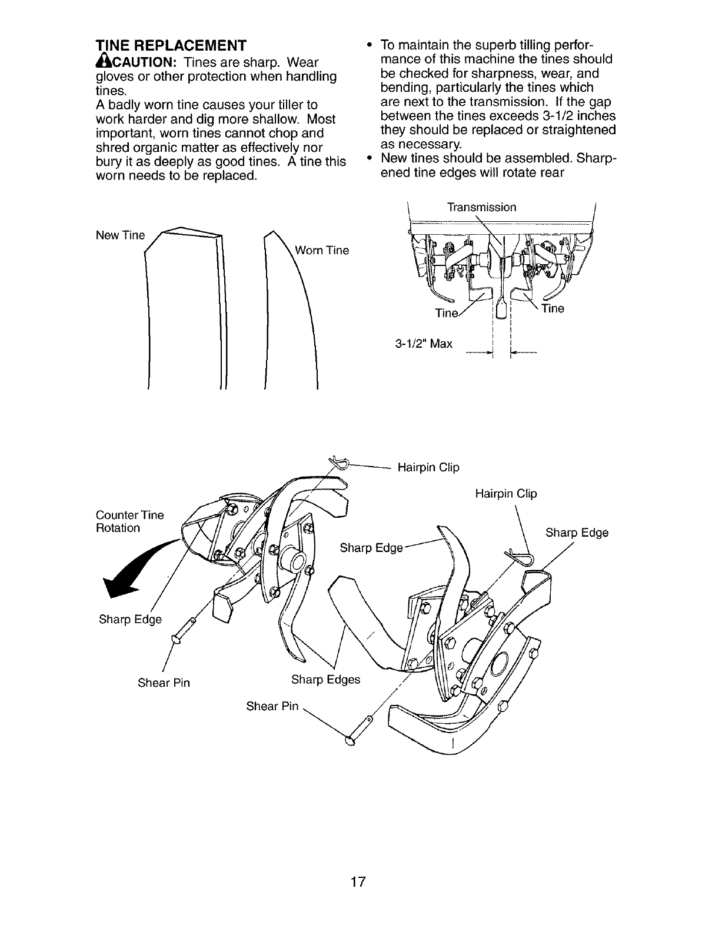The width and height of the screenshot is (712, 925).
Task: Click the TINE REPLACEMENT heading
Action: coord(171,45)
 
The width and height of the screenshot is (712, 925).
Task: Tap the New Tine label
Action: coord(119,235)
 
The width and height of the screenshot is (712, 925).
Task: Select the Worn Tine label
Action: coord(322,251)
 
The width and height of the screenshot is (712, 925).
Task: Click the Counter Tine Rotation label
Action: coord(129,521)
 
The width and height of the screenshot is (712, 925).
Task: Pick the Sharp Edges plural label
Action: coord(325,680)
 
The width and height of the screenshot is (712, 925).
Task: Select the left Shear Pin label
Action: coord(164,683)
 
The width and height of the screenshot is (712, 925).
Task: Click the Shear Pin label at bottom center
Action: coord(272,706)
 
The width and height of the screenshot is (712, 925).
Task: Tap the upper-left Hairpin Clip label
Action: coord(428,468)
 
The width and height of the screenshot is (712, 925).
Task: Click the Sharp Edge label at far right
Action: coord(577,533)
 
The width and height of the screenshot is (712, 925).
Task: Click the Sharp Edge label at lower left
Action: coord(130,620)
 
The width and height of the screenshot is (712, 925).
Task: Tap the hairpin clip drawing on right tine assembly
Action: coord(519,556)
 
